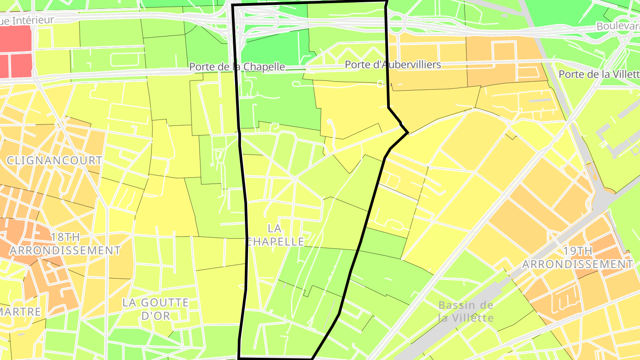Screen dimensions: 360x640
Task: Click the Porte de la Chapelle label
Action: click(237, 67)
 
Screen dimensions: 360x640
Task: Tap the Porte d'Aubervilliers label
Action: click(393, 64)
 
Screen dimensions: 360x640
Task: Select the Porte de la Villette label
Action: click(599, 74)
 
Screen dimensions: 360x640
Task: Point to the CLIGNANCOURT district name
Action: click(54, 160)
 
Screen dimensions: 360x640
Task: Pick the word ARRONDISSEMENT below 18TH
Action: click(65, 250)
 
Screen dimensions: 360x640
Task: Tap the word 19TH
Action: click(577, 251)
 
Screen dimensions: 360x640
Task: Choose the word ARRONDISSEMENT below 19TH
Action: click(577, 264)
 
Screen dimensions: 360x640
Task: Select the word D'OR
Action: click(156, 316)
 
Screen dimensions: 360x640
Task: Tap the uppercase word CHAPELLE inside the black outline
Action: click(276, 241)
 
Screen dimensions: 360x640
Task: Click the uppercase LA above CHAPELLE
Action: click(275, 228)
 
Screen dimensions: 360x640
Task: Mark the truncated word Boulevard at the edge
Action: click(618, 26)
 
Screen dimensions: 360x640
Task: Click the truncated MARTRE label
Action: click(20, 312)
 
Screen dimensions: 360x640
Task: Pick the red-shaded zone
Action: click(16, 51)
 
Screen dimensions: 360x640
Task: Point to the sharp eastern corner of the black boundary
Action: click(408, 132)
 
